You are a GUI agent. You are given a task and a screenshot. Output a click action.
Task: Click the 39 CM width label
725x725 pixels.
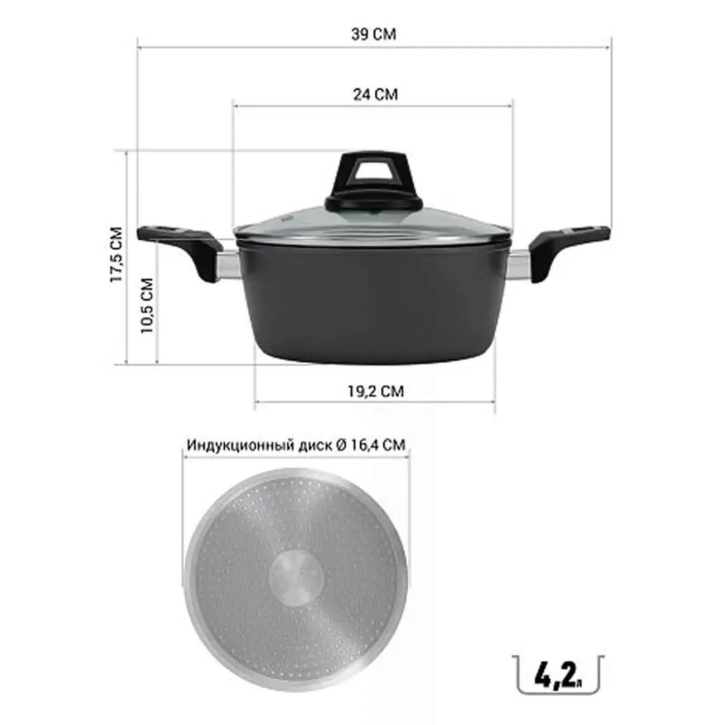tap(373, 34)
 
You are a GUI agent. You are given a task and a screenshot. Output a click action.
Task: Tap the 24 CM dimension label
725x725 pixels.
tap(375, 94)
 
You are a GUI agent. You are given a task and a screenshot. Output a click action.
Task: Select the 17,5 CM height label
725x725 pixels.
tap(117, 255)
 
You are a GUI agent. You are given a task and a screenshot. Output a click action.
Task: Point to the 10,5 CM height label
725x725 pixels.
tap(147, 306)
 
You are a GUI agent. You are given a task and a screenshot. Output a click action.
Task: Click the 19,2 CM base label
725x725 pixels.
tap(375, 391)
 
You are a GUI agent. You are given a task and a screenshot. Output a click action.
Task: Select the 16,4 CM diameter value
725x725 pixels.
tap(378, 445)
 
